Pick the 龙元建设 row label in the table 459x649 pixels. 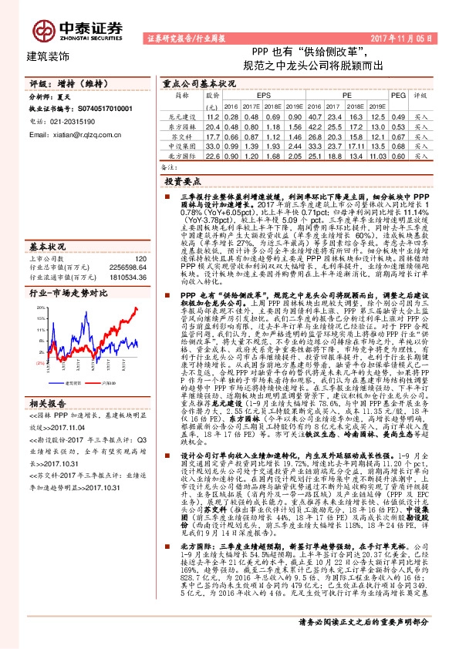click(178, 116)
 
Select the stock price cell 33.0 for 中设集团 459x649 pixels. click(213, 144)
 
